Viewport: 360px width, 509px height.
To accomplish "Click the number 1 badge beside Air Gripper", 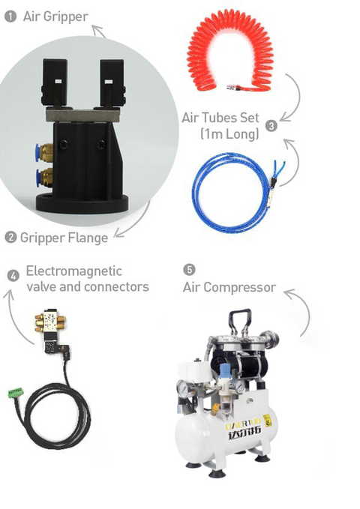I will (10, 15).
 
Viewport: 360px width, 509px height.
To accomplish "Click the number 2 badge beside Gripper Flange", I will (10, 237).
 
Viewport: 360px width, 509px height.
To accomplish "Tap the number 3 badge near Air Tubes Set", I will (271, 126).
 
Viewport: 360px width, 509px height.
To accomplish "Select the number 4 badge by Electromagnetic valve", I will (13, 275).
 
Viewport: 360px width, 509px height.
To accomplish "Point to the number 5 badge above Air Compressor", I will (189, 269).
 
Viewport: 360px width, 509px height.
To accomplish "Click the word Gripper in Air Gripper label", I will (66, 16).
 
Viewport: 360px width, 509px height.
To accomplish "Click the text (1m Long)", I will (229, 134).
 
